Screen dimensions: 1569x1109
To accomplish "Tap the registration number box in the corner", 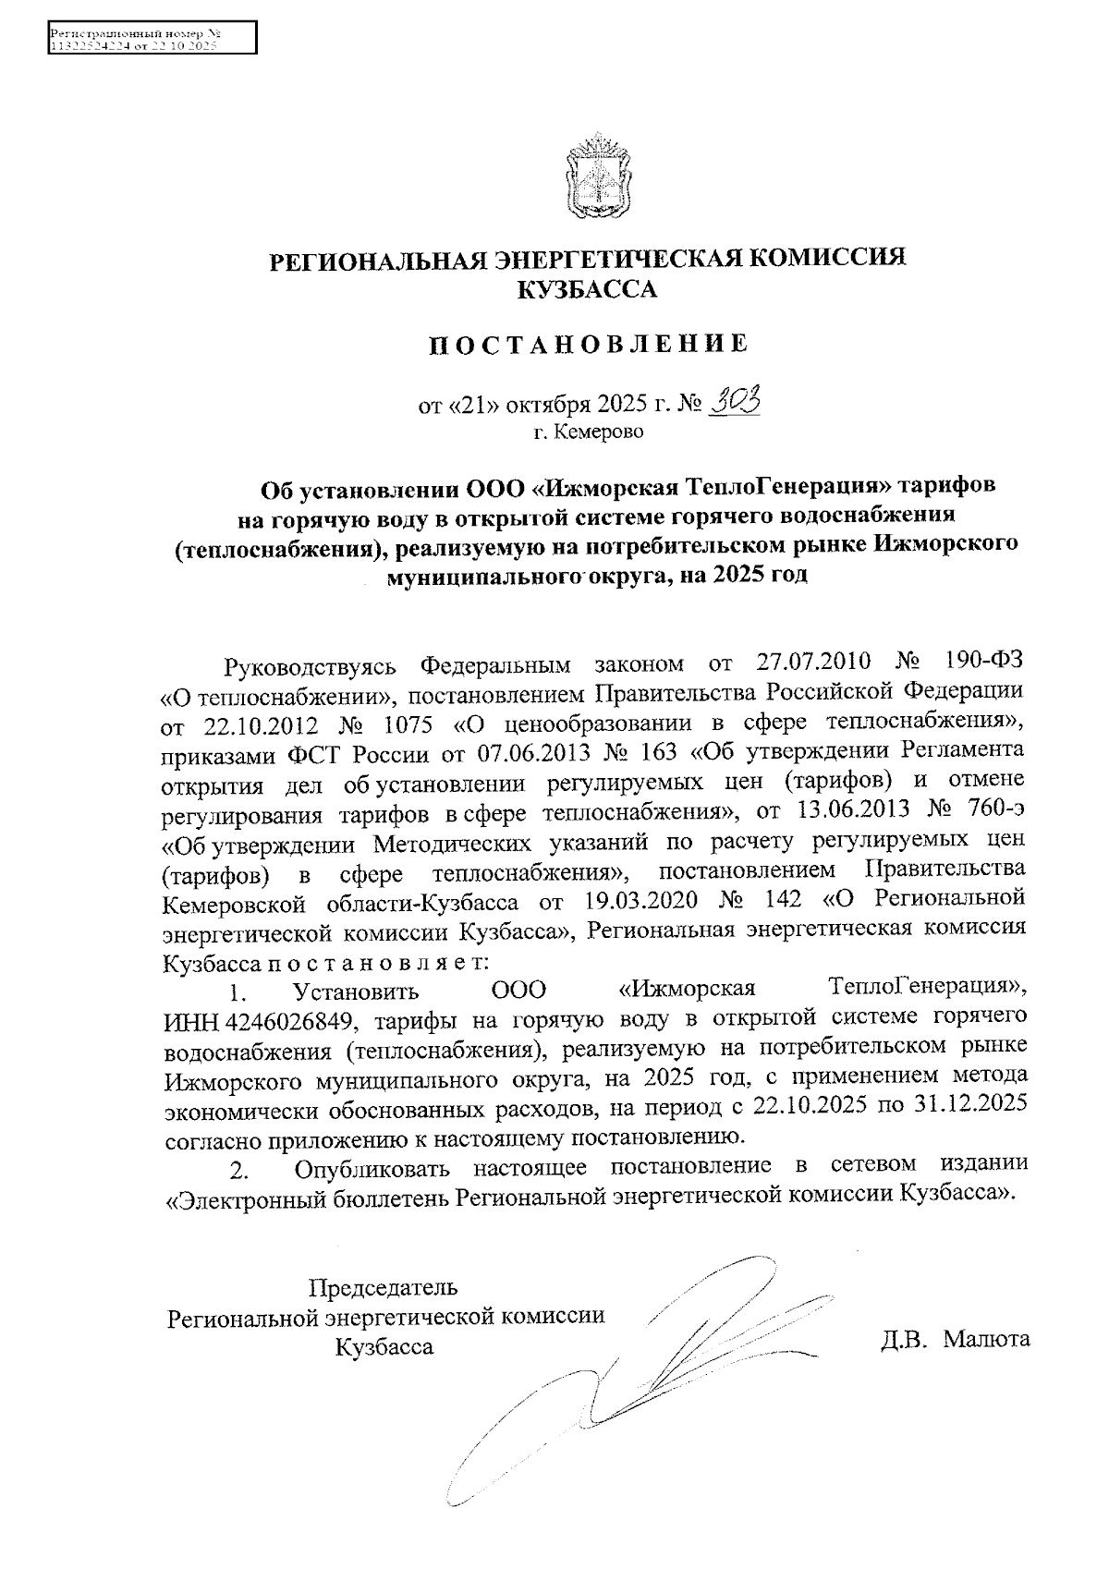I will [x=152, y=39].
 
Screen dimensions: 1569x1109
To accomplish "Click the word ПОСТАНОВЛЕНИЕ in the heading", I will [x=588, y=345].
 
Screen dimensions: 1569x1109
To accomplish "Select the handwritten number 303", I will [x=737, y=401].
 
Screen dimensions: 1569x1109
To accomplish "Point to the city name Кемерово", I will [x=589, y=432].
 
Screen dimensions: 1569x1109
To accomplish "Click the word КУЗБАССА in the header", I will [x=587, y=290].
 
